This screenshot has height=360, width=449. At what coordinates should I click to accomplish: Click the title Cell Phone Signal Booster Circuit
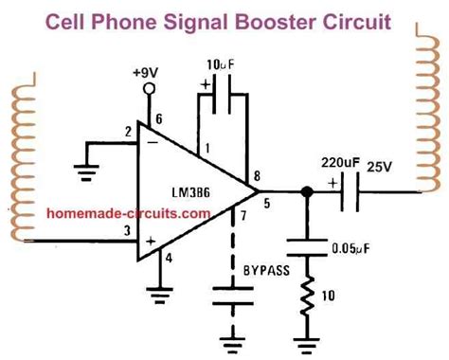coord(224,20)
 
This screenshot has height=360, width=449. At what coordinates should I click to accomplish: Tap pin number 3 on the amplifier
coord(126,230)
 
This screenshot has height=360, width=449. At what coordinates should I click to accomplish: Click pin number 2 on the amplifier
coord(127,133)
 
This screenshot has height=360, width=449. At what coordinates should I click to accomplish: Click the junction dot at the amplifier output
coord(305,192)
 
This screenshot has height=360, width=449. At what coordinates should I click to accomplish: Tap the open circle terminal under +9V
coord(150,92)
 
